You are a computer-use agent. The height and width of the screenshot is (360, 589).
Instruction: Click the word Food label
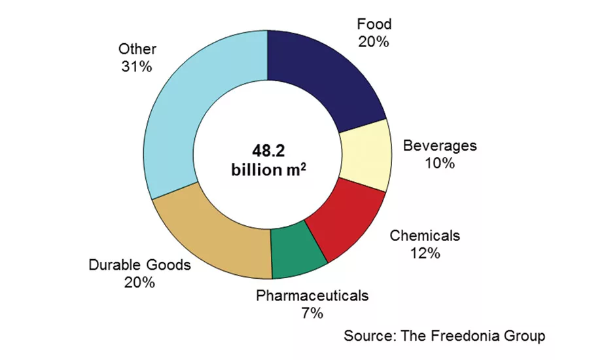click(x=374, y=25)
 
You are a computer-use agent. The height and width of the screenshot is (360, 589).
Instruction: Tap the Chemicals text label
click(x=425, y=235)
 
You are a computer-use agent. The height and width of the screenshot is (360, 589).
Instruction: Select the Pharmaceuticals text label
click(x=312, y=295)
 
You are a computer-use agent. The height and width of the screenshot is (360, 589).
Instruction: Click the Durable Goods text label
click(x=139, y=265)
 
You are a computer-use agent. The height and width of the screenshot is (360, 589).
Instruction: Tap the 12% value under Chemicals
click(x=425, y=253)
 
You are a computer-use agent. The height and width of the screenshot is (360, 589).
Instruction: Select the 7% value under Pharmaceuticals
click(x=312, y=313)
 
